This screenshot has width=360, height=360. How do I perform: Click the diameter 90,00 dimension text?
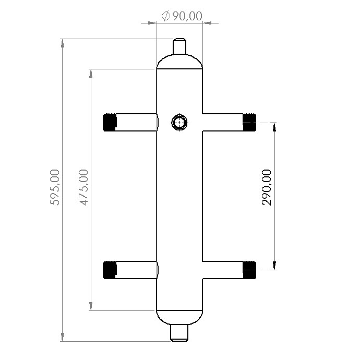[x=182, y=16]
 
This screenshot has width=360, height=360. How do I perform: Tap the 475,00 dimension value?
[x=83, y=187]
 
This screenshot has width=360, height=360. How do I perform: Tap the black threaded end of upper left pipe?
[x=110, y=122]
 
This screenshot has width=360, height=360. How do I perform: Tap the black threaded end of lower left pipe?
[x=110, y=269]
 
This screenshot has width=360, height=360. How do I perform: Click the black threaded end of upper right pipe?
[x=249, y=122]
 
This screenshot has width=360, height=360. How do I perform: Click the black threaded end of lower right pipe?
[x=249, y=269]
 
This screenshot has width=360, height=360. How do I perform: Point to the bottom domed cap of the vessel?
[x=179, y=317]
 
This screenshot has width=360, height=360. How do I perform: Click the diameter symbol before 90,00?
[x=166, y=16]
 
